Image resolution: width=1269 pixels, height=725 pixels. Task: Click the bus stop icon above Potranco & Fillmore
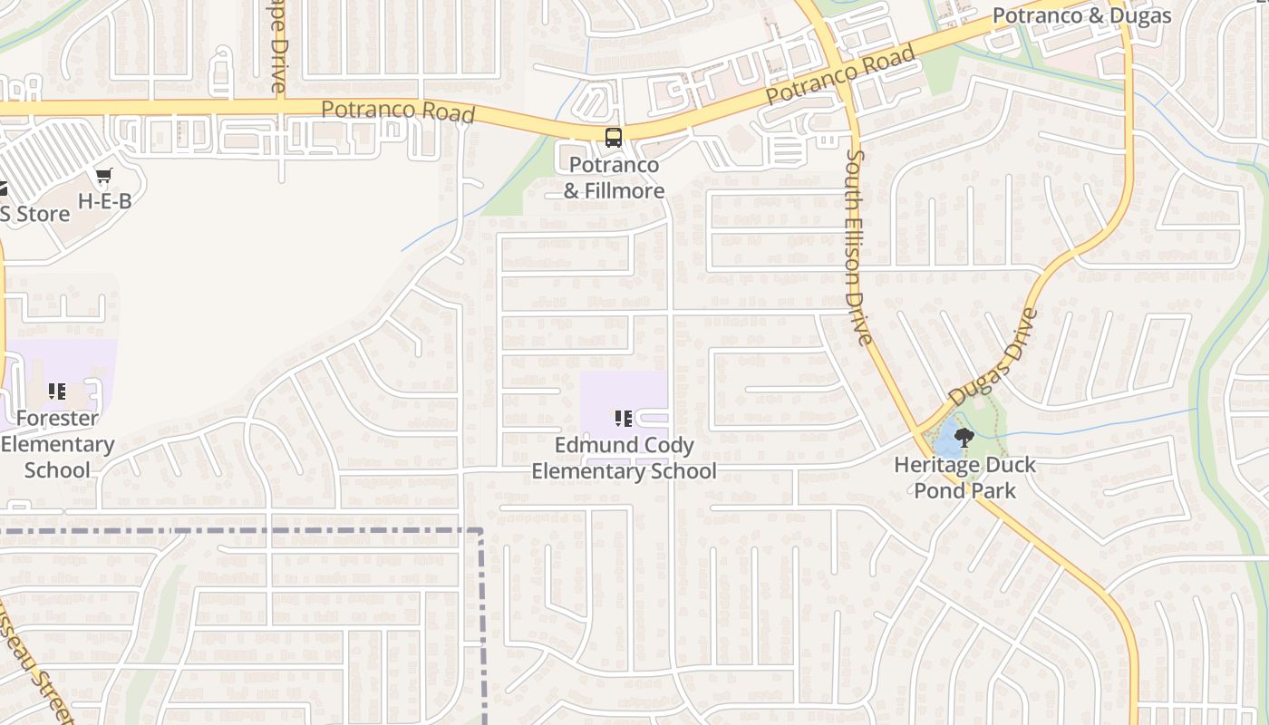(614, 138)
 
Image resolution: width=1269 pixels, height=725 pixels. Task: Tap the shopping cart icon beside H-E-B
(104, 175)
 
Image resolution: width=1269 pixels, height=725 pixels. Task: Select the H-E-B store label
(104, 201)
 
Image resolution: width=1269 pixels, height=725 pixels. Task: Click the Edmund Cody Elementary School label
(624, 459)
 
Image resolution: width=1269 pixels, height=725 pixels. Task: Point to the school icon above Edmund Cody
(624, 418)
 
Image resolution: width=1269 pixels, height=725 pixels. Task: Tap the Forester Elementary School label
(57, 444)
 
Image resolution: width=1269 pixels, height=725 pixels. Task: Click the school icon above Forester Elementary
(57, 391)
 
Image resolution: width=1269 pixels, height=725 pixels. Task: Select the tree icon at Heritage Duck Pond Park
(964, 439)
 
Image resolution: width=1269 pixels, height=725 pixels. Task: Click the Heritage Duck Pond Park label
(964, 478)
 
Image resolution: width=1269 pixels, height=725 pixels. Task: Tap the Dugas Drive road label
(993, 356)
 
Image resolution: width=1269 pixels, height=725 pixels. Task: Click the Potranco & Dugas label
(1081, 15)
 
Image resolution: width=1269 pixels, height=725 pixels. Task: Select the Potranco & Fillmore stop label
(614, 178)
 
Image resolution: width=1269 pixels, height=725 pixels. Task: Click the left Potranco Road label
(398, 111)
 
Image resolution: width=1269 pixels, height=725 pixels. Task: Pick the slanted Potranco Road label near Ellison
(840, 75)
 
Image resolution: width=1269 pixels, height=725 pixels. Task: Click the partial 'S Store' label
(34, 215)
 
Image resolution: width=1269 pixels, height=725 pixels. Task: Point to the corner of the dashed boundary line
(481, 531)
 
